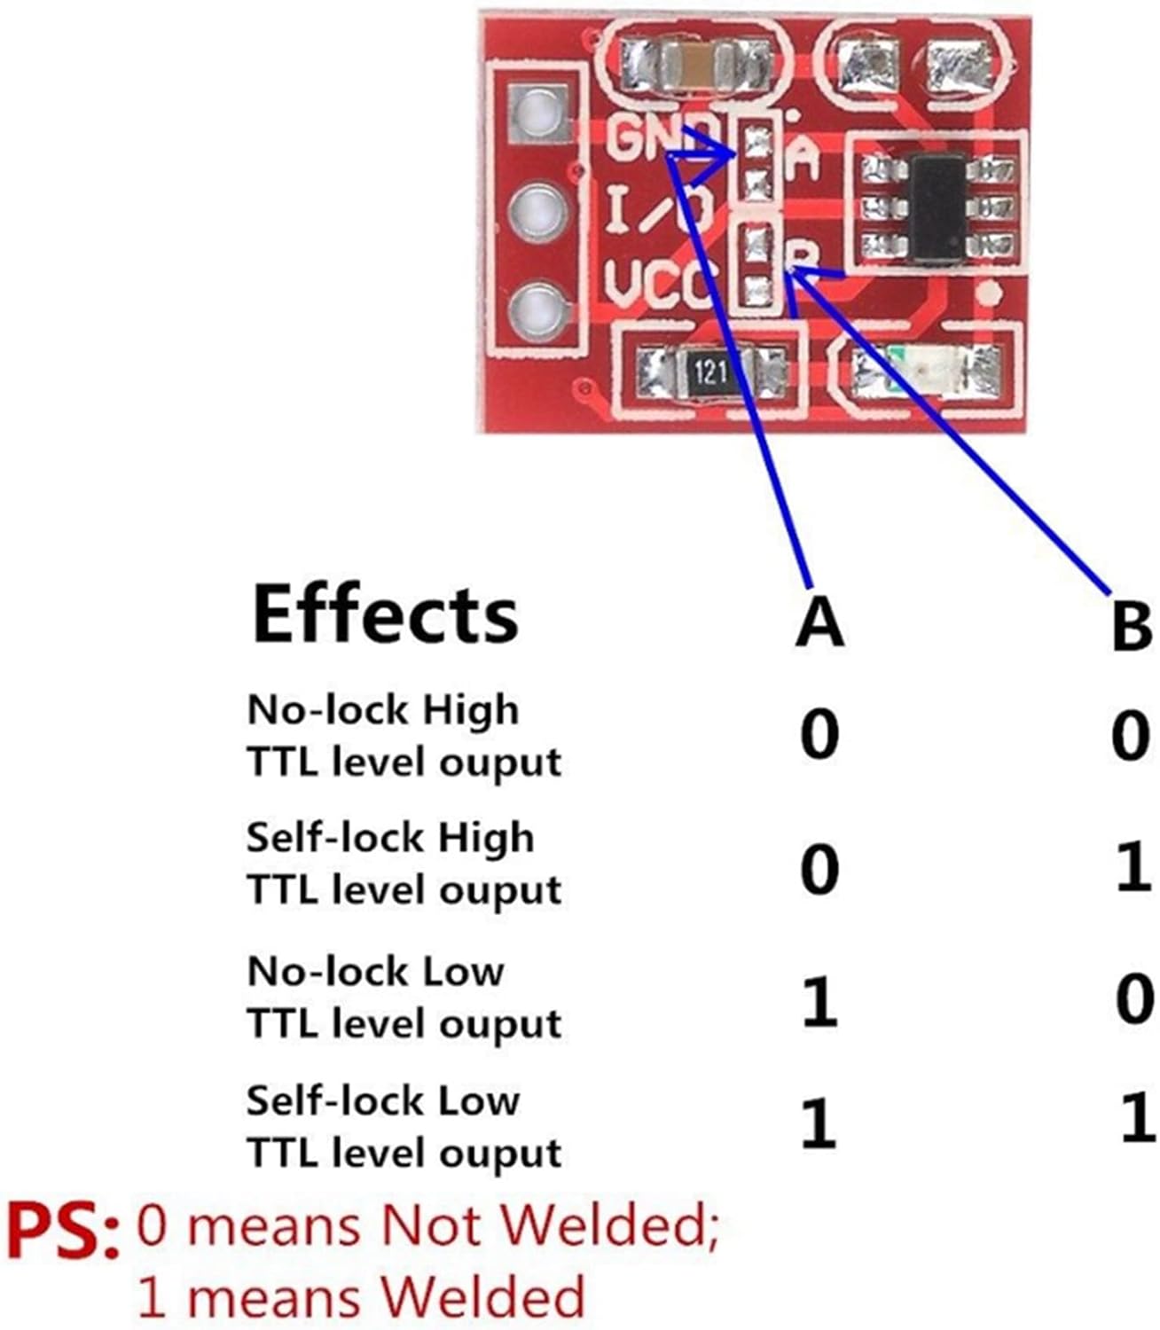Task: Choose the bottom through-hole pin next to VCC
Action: [x=537, y=313]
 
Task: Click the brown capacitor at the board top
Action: [x=694, y=66]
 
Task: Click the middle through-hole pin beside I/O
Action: [x=537, y=213]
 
